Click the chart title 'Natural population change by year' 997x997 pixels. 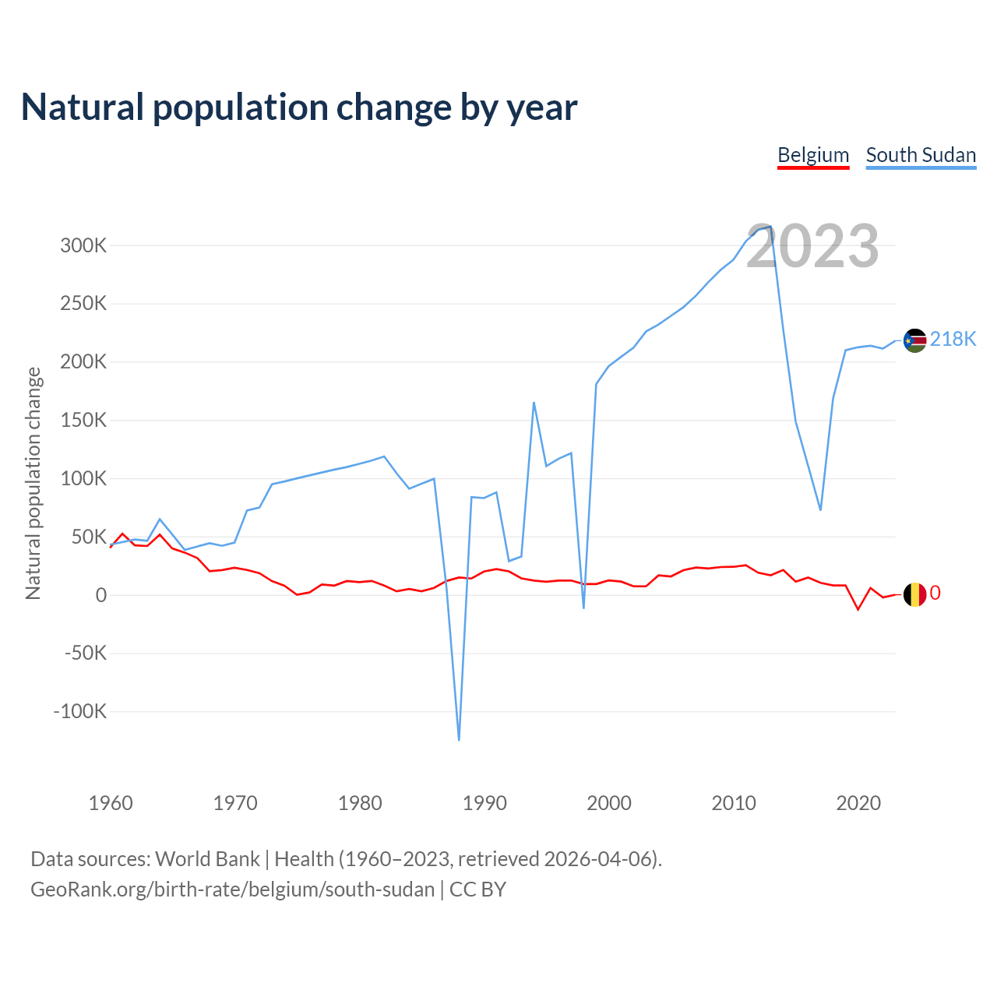[x=299, y=107]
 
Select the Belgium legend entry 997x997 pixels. [x=813, y=155]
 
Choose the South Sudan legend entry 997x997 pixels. [x=921, y=155]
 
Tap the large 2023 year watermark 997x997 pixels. [x=812, y=246]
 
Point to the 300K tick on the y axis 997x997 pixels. [x=83, y=246]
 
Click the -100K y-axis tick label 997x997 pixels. [x=80, y=712]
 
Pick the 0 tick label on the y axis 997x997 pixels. [x=101, y=596]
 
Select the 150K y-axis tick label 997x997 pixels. [x=83, y=421]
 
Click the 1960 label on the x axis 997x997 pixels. [x=111, y=803]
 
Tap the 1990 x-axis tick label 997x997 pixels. [x=484, y=803]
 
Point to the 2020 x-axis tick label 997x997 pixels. [x=858, y=803]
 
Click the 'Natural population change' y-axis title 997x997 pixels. [x=33, y=483]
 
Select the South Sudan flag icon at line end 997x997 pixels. [x=914, y=340]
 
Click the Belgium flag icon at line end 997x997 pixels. [x=914, y=594]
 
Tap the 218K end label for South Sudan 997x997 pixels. [x=953, y=340]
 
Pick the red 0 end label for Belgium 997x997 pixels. [x=935, y=594]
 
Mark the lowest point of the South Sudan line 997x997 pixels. [x=459, y=739]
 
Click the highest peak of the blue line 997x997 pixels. [x=770, y=227]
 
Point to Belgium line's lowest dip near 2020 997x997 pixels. [x=858, y=609]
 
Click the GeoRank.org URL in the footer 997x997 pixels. [x=232, y=890]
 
